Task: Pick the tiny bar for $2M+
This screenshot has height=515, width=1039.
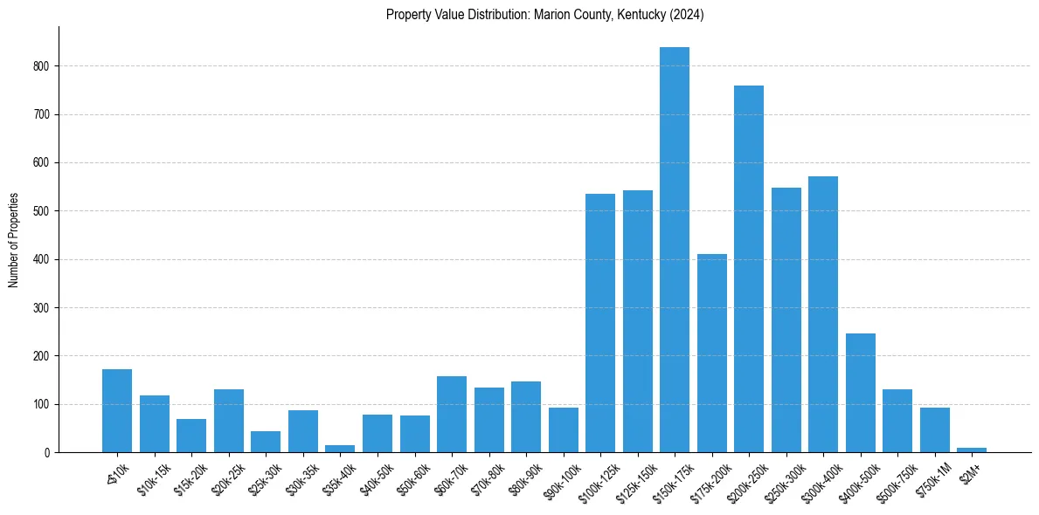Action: [x=972, y=450]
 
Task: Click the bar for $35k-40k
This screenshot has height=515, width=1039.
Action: [x=340, y=449]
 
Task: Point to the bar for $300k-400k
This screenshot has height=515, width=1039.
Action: [x=823, y=314]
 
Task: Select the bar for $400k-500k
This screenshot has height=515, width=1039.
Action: [x=860, y=393]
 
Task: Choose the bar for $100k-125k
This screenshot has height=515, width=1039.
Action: [x=600, y=323]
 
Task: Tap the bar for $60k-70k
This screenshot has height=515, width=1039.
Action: [x=452, y=414]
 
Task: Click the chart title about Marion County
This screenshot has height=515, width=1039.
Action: [x=544, y=15]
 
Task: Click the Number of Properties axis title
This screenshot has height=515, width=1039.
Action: [x=14, y=240]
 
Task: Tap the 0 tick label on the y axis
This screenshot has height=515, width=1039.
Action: [x=49, y=453]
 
